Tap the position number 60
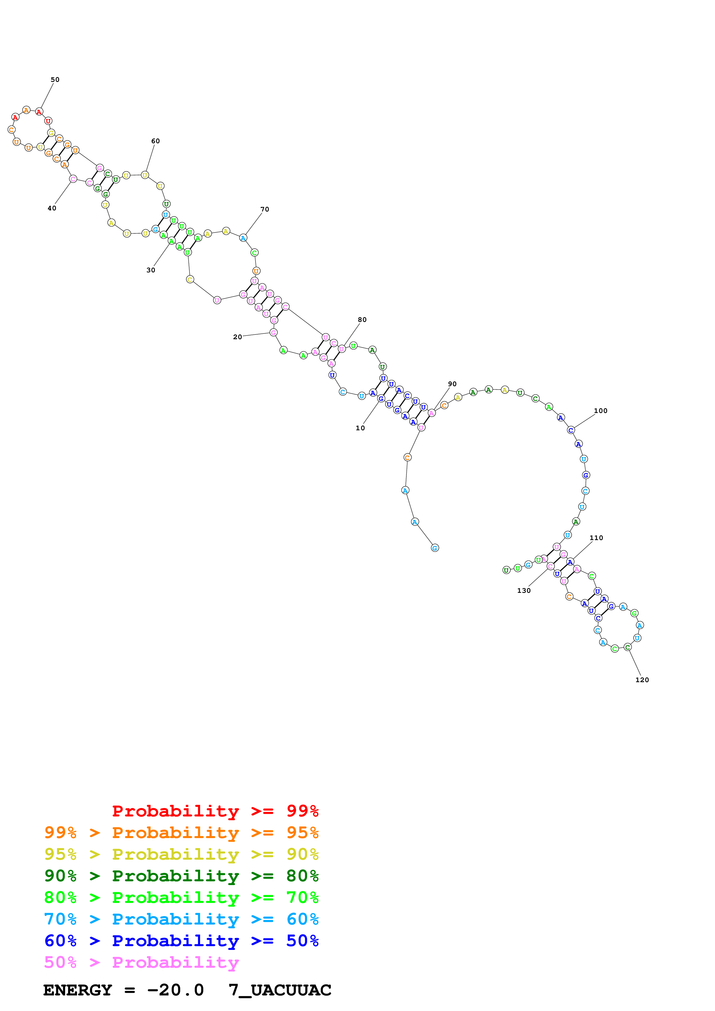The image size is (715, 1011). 155,141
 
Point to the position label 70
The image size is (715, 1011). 265,209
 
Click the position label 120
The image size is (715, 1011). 642,680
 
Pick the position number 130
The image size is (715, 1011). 524,591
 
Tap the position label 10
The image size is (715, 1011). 360,428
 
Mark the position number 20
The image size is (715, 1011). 237,337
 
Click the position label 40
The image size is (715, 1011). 52,208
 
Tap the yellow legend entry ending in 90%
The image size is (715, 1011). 181,854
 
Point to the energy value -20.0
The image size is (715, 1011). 175,990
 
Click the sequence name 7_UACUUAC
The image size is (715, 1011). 280,990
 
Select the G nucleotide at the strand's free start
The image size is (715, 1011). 435,548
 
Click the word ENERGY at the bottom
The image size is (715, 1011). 78,990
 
